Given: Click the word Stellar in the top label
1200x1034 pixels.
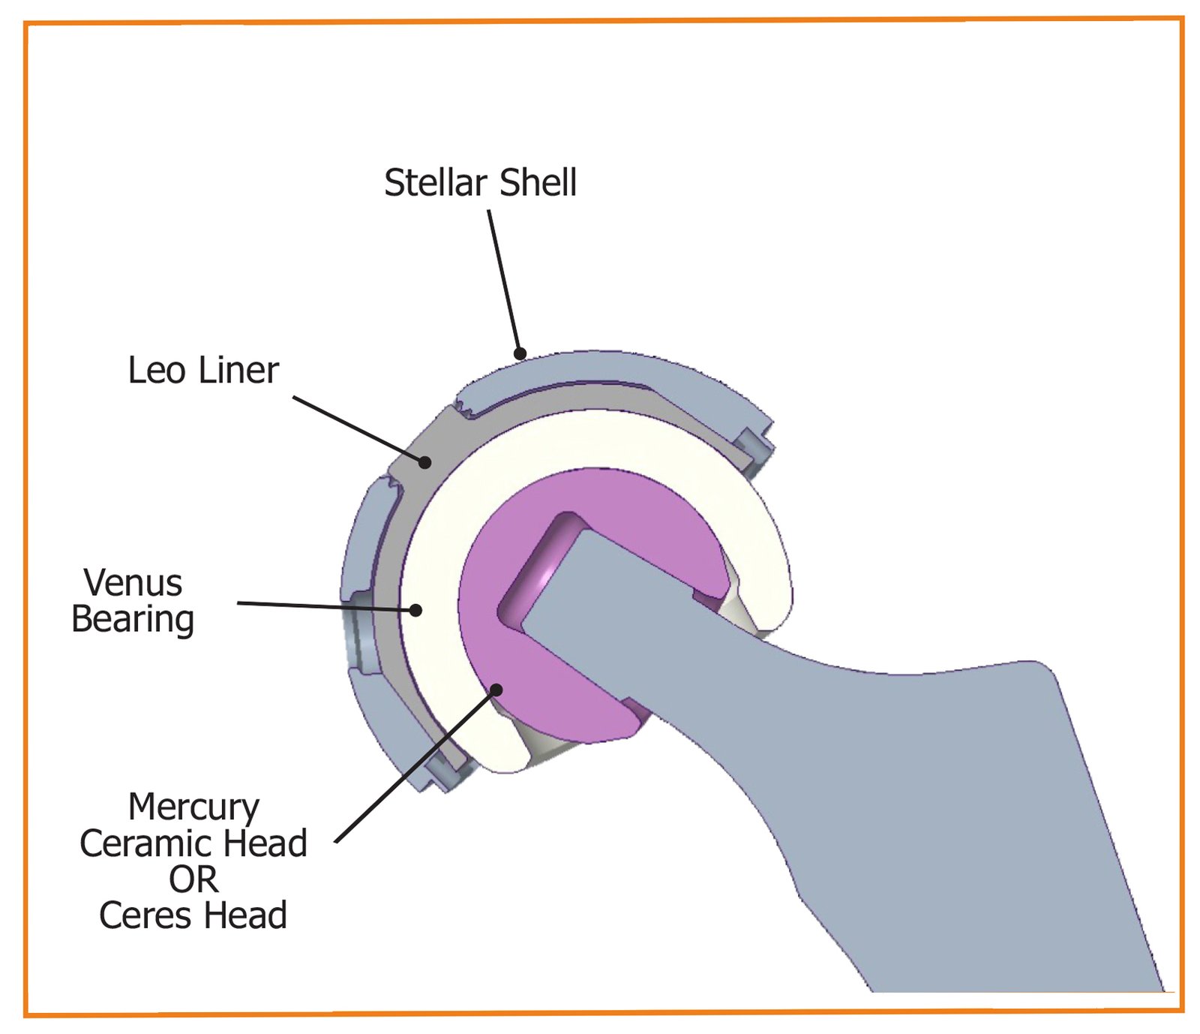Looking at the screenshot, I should [x=435, y=183].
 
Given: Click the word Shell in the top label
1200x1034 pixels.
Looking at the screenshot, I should [x=538, y=183].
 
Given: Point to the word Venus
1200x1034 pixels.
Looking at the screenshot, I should [x=133, y=583].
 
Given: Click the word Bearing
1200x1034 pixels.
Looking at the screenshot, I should [x=133, y=620].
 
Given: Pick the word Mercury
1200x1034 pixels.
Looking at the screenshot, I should [x=193, y=808].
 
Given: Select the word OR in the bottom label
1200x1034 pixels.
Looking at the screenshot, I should [x=193, y=879].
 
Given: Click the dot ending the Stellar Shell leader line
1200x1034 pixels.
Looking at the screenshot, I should [x=520, y=353].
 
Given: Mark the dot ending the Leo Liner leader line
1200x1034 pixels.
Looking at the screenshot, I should [x=424, y=462].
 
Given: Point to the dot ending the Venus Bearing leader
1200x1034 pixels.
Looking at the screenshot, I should [x=415, y=610].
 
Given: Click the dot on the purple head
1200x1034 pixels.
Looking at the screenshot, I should [x=496, y=690].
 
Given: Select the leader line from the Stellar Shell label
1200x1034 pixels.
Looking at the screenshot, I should [x=504, y=281].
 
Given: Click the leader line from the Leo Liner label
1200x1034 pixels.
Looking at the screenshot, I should [x=358, y=429].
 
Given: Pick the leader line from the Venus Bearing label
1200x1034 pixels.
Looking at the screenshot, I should [x=326, y=606].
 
